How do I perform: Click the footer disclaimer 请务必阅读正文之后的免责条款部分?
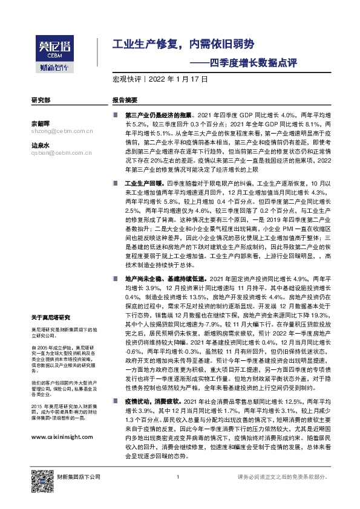pyautogui.click(x=285, y=494)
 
